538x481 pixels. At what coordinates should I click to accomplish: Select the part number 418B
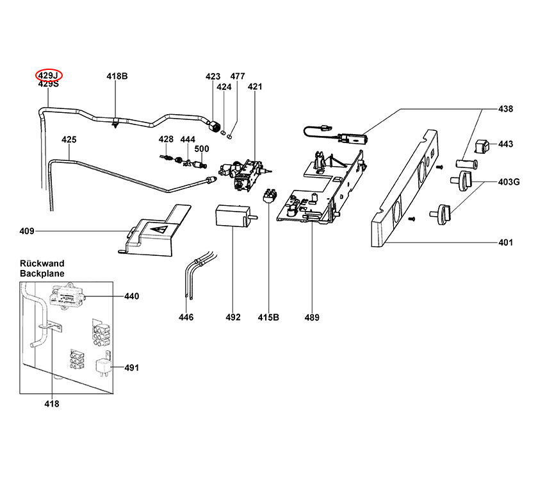[x=117, y=76]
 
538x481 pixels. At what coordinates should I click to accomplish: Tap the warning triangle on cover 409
[x=160, y=228]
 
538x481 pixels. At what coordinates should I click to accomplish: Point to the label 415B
[x=268, y=317]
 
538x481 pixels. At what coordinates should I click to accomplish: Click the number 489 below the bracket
[x=312, y=317]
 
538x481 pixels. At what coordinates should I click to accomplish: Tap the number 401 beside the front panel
[x=505, y=242]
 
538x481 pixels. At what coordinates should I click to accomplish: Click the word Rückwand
[x=42, y=264]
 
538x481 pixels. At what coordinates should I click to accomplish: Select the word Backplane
[x=42, y=273]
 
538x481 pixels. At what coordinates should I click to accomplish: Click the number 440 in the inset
[x=131, y=296]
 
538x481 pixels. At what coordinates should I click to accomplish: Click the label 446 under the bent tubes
[x=186, y=317]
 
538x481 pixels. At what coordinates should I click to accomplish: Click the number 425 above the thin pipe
[x=69, y=139]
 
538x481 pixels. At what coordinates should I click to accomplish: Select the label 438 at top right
[x=505, y=109]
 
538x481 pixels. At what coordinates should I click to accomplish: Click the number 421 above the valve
[x=255, y=87]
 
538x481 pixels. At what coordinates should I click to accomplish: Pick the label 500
[x=201, y=149]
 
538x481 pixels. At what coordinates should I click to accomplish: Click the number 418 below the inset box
[x=51, y=403]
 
